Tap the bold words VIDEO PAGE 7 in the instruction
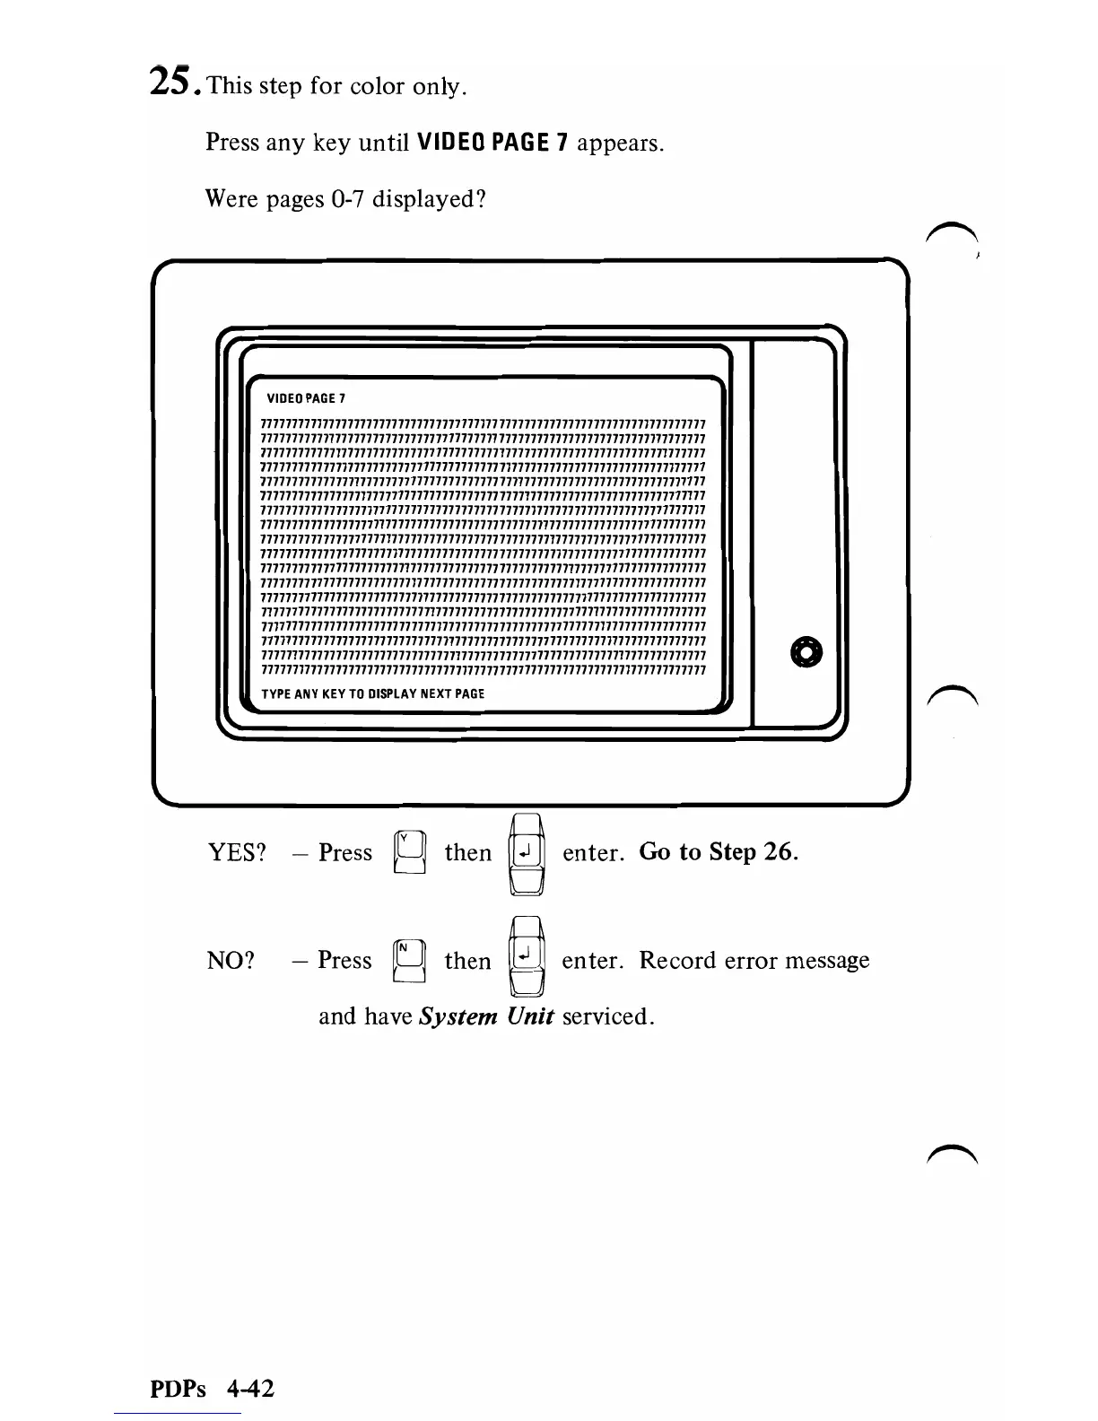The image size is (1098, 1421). tap(492, 142)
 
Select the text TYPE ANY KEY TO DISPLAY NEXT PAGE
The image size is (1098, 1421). tap(372, 693)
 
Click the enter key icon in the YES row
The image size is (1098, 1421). tap(527, 853)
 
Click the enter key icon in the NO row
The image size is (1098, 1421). tap(527, 957)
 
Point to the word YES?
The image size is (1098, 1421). tap(238, 852)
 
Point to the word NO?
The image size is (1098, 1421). tap(231, 961)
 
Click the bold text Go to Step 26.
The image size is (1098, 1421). tap(719, 851)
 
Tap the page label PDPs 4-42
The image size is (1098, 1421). tap(212, 1389)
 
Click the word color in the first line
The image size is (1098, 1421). tap(377, 87)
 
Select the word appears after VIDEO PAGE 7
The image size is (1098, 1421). tap(620, 143)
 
